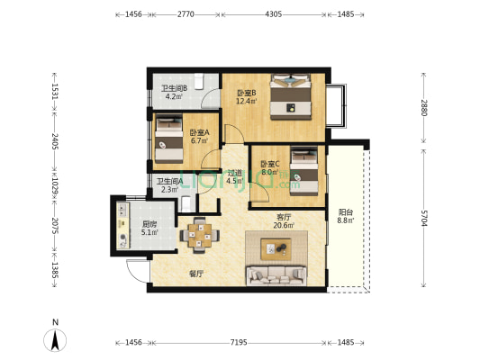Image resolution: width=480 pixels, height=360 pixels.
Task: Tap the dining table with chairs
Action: tap(202, 237)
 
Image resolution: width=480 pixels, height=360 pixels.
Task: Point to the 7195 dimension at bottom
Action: tap(239, 343)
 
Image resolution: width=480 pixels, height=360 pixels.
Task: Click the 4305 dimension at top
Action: tap(274, 15)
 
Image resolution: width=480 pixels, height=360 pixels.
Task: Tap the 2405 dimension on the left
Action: tap(55, 143)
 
